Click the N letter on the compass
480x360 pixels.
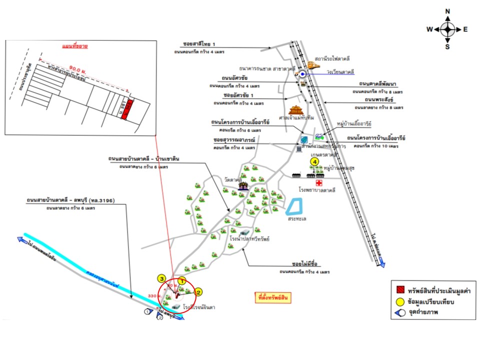(448, 11)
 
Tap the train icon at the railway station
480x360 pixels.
(313, 65)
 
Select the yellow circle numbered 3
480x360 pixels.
(161, 278)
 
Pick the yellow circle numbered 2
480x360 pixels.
(198, 292)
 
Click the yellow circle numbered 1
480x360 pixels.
(182, 282)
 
